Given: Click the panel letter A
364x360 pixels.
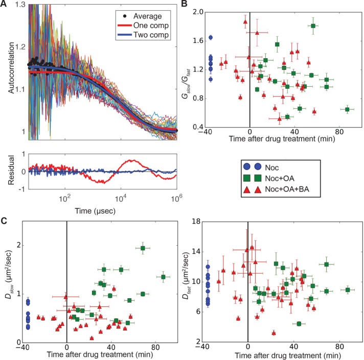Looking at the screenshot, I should tap(4, 4).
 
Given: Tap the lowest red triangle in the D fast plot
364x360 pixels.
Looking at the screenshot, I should tap(274, 333).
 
